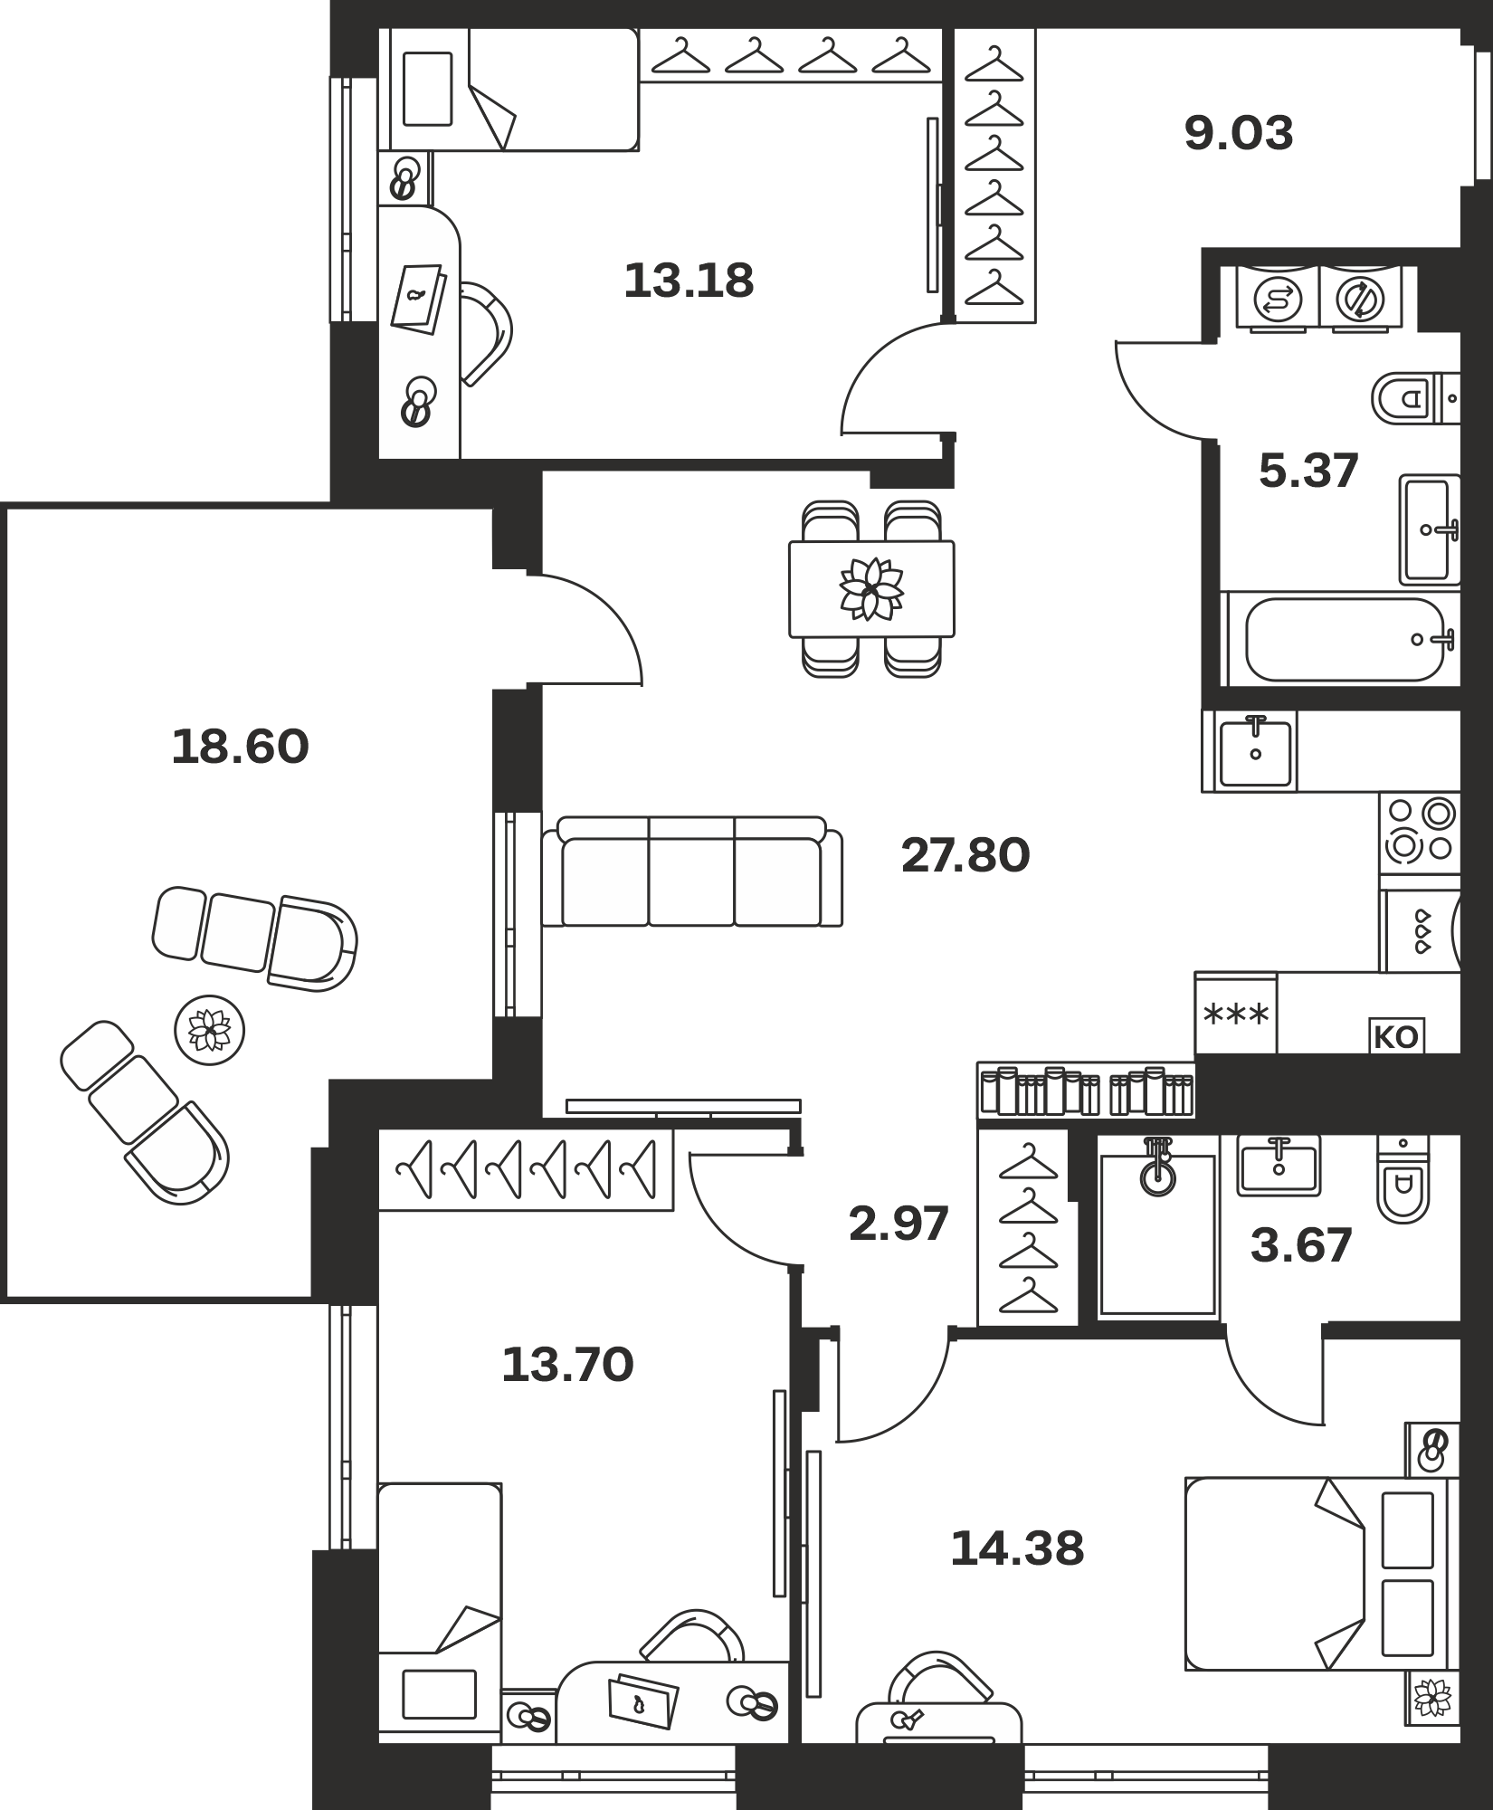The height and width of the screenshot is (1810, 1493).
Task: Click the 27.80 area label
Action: pos(965,855)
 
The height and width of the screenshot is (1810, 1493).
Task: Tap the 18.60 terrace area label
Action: pos(240,748)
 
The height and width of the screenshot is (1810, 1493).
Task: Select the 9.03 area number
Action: pos(1239,133)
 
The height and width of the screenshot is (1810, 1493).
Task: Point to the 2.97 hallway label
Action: pos(899,1224)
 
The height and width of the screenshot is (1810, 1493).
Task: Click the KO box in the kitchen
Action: pos(1396,1037)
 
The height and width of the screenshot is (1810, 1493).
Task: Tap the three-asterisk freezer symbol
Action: pos(1236,1015)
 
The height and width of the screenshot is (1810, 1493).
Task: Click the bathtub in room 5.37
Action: pos(1345,640)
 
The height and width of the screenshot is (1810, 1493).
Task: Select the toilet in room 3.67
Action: pos(1403,1178)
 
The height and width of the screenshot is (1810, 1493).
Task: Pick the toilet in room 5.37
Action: pos(1415,398)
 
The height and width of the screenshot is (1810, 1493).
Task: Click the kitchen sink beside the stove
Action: pos(1254,751)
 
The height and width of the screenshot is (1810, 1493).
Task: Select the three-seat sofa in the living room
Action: pos(692,872)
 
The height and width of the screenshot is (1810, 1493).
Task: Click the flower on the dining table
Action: pos(871,589)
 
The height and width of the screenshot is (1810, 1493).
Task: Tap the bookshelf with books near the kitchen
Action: pos(1086,1090)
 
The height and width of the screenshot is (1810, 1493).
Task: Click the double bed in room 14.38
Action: pos(1322,1574)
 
